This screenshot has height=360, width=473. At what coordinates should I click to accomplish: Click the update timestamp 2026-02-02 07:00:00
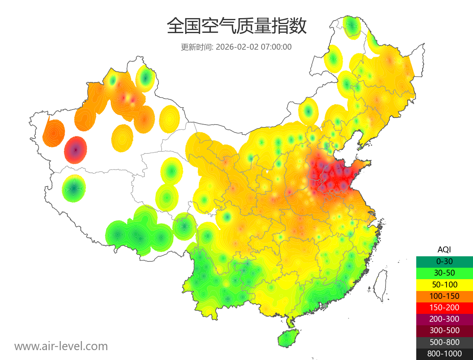coord(253,47)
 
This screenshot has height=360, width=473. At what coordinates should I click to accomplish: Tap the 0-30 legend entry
coord(444,261)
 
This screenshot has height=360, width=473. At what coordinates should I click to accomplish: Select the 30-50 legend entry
coord(444,273)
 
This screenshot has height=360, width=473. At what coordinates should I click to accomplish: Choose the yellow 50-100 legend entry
coord(444,285)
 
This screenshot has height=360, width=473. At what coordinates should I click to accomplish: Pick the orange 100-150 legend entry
coord(444,296)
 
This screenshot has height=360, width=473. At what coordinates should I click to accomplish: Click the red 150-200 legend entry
coord(444,308)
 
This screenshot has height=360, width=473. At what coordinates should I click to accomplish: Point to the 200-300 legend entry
coord(444,319)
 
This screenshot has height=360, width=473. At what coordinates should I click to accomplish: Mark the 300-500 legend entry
coord(444,330)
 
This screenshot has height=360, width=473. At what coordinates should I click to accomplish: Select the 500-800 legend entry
coord(444,342)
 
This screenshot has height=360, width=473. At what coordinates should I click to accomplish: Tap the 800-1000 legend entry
coord(444,354)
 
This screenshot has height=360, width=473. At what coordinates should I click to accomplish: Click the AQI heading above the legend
coord(444,250)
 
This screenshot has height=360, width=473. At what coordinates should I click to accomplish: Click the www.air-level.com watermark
coord(61,346)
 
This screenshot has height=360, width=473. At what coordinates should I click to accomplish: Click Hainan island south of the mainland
coord(288,339)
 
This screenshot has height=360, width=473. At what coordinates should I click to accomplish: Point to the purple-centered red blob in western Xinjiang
coord(76,150)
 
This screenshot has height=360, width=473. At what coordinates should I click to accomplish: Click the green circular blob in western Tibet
coord(74,188)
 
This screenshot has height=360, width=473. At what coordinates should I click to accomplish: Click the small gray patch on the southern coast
coord(325,305)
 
